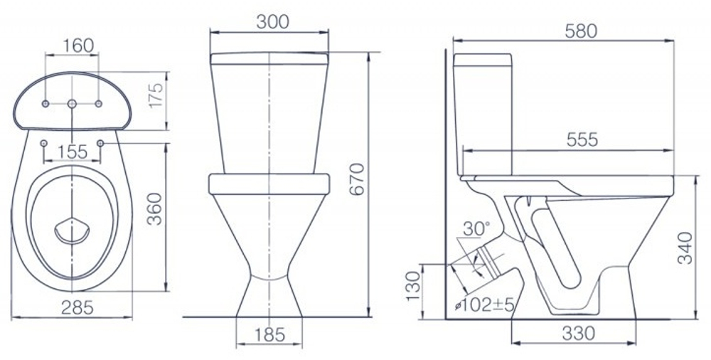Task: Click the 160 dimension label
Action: tap(78, 46)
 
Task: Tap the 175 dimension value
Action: tap(156, 95)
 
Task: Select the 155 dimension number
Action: tap(72, 152)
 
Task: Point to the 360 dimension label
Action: tap(156, 208)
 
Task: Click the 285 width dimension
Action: tap(77, 307)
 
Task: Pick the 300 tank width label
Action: tap(272, 22)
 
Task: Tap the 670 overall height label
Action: tap(358, 179)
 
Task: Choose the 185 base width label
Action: tap(269, 334)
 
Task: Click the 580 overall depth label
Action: tap(581, 31)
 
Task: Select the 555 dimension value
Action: tap(582, 140)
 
